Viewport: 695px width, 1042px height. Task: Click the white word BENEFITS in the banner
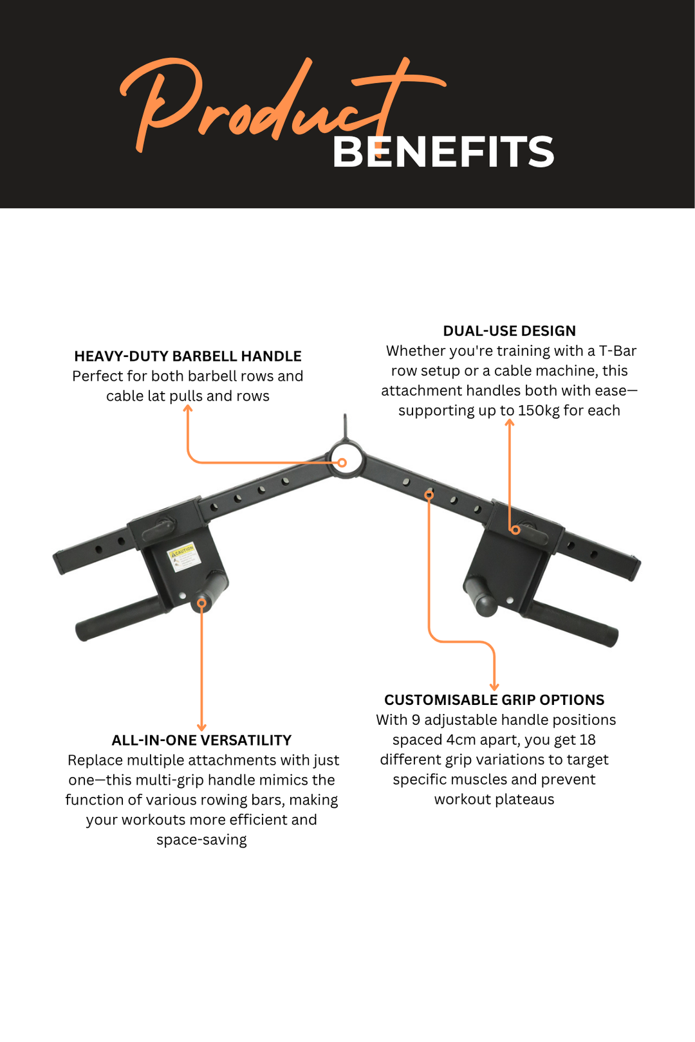pyautogui.click(x=443, y=152)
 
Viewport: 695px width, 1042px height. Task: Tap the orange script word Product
pyautogui.click(x=279, y=105)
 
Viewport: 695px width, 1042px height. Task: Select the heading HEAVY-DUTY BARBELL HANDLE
pyautogui.click(x=188, y=356)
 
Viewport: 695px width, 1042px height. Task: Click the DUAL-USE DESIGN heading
pyautogui.click(x=509, y=331)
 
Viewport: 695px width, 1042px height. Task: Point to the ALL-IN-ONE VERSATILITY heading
pyautogui.click(x=201, y=740)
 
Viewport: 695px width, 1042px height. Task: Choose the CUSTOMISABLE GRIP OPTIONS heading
pyautogui.click(x=494, y=700)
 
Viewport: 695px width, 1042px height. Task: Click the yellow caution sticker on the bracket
pyautogui.click(x=184, y=556)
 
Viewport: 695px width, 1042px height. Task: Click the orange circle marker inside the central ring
pyautogui.click(x=342, y=462)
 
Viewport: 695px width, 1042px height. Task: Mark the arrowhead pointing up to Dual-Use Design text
pyautogui.click(x=510, y=422)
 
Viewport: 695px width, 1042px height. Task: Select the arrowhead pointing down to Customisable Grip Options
pyautogui.click(x=494, y=687)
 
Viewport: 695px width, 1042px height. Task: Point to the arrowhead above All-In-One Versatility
pyautogui.click(x=201, y=727)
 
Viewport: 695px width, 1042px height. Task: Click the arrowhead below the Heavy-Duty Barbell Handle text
pyautogui.click(x=188, y=408)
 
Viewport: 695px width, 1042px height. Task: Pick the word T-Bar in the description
pyautogui.click(x=618, y=351)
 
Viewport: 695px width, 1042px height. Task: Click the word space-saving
pyautogui.click(x=201, y=840)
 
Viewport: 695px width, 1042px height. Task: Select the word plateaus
pyautogui.click(x=524, y=800)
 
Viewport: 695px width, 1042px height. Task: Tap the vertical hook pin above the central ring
pyautogui.click(x=345, y=426)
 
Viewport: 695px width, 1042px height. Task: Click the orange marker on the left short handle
pyautogui.click(x=201, y=603)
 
